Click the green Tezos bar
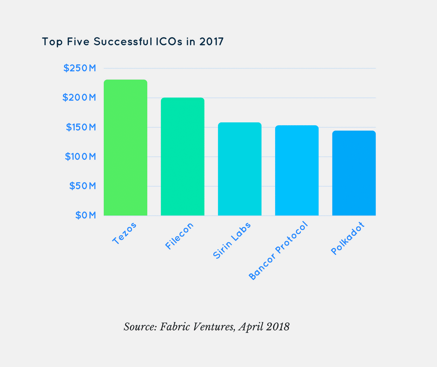coord(126,148)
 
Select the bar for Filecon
coord(183,156)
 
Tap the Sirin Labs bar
coord(240,169)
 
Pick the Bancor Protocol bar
coord(297,170)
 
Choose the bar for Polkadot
coord(354,173)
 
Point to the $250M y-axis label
coord(79,68)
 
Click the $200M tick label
coord(79,98)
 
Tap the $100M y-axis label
coord(79,156)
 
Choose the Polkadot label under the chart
coord(347,238)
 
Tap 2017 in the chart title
coord(211,41)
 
